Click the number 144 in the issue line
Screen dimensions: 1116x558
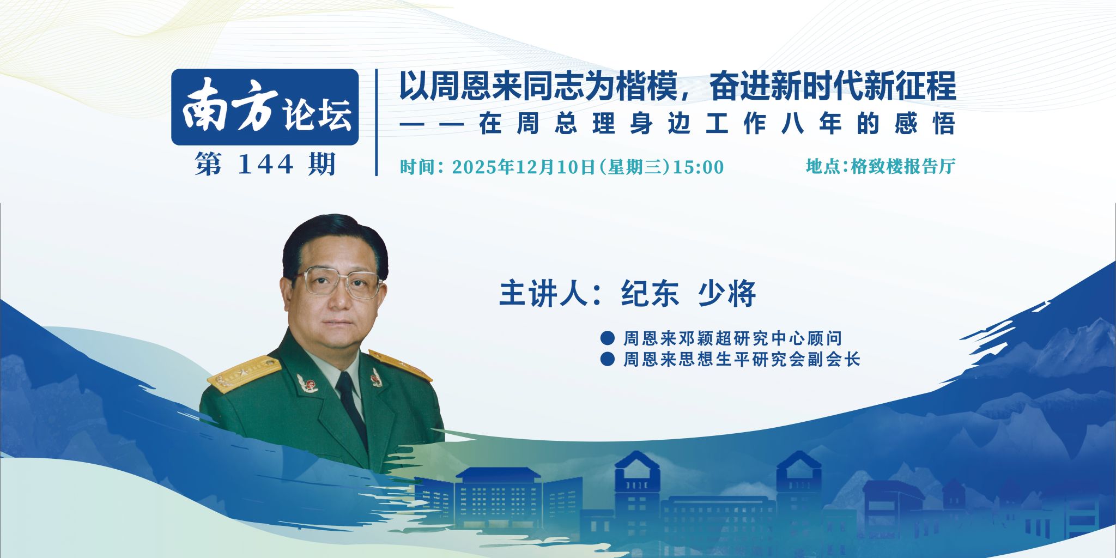(x=265, y=163)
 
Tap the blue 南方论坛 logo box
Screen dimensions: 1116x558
(x=265, y=107)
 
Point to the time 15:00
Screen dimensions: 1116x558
(x=699, y=167)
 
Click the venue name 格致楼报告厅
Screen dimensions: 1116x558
(x=903, y=166)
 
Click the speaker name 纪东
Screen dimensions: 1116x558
(x=651, y=294)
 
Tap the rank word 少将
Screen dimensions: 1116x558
(x=727, y=294)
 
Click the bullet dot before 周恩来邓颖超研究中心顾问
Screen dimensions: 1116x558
(x=607, y=338)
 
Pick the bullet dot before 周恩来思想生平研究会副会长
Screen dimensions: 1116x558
(x=607, y=360)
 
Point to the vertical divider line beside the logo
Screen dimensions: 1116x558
(x=377, y=122)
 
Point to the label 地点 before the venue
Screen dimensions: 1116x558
(x=823, y=166)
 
